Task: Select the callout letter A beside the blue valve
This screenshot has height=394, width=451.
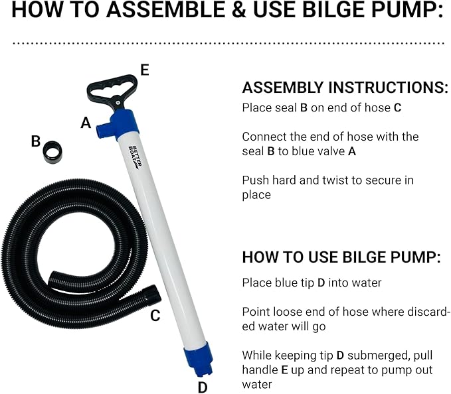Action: click(x=85, y=123)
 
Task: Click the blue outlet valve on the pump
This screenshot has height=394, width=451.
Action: click(x=106, y=130)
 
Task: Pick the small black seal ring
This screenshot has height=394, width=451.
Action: click(x=52, y=153)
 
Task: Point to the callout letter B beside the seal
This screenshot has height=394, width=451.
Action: click(x=36, y=141)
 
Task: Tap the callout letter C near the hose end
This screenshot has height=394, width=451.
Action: click(x=155, y=316)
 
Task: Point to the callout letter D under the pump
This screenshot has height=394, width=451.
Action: click(x=203, y=387)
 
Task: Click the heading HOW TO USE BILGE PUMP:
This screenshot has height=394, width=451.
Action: click(x=340, y=257)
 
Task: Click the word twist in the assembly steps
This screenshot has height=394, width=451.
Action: click(x=320, y=180)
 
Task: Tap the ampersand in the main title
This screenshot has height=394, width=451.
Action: click(x=230, y=11)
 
